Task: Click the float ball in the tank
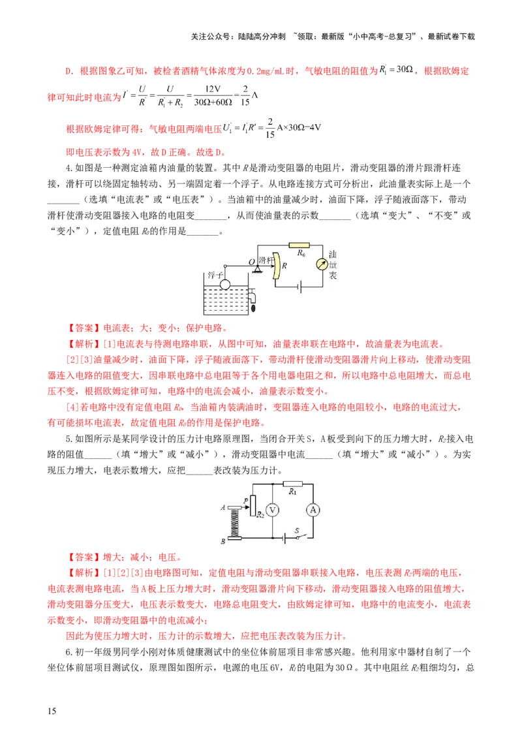pyautogui.click(x=225, y=285)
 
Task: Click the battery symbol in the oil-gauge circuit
pyautogui.click(x=299, y=287)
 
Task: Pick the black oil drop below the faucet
pyautogui.click(x=254, y=307)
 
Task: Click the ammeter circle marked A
pyautogui.click(x=313, y=510)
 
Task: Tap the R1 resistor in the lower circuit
pyautogui.click(x=292, y=484)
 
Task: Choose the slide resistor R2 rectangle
pyautogui.click(x=253, y=505)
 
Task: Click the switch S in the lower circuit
pyautogui.click(x=300, y=537)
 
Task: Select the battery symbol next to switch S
pyautogui.click(x=284, y=538)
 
